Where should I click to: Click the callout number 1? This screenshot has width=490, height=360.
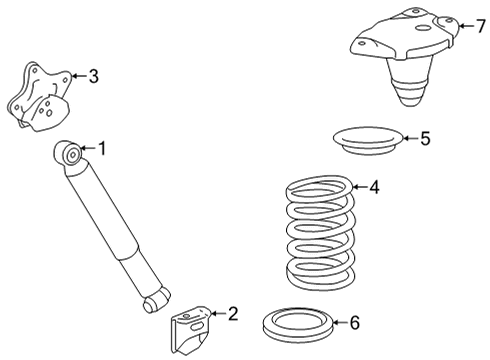pos(101,148)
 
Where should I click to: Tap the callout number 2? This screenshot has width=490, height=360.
pos(233,314)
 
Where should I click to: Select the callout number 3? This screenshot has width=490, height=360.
pos(93,74)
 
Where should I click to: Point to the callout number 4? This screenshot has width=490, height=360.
pos(373,186)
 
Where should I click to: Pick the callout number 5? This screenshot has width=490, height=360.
pos(425,138)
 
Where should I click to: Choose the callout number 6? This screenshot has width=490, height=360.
pos(352,322)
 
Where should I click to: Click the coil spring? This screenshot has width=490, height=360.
pos(318,231)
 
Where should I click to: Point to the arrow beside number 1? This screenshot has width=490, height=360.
pos(88,149)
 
